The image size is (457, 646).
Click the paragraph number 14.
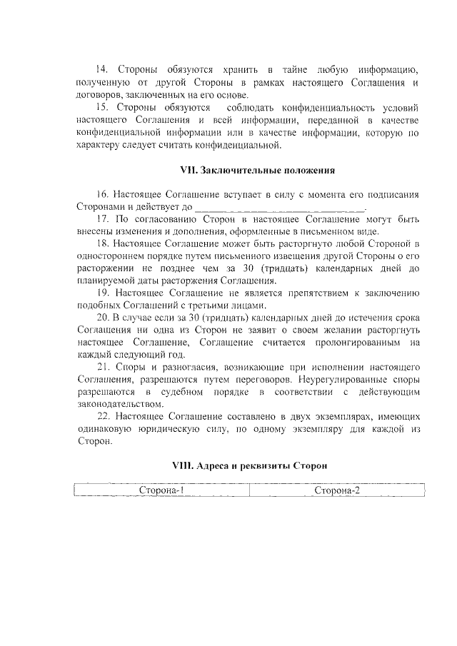pyautogui.click(x=101, y=69)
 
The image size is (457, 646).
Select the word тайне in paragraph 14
pyautogui.click(x=300, y=69)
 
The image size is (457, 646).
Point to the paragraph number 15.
pyautogui.click(x=101, y=108)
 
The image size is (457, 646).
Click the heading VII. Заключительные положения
pyautogui.click(x=256, y=171)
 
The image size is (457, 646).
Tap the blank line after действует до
pyautogui.click(x=279, y=208)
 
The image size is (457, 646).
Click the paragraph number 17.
pyautogui.click(x=101, y=220)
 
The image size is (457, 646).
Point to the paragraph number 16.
pyautogui.click(x=101, y=195)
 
